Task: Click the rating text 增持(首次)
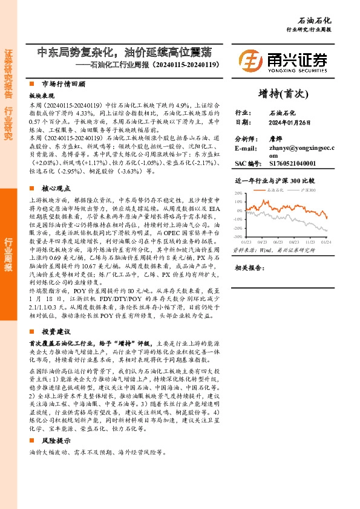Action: tap(283, 94)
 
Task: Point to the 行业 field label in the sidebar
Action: tap(241, 113)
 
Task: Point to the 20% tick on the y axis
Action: tap(238, 193)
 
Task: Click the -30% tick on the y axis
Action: tap(238, 237)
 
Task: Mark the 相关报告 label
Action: tap(248, 267)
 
